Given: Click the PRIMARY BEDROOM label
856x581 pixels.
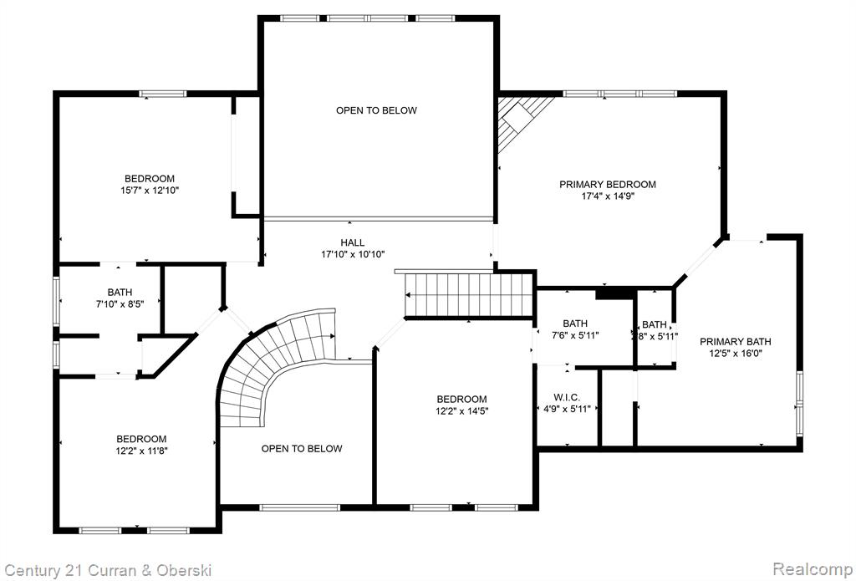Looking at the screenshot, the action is [x=608, y=185].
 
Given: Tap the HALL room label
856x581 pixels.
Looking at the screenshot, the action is [x=353, y=242].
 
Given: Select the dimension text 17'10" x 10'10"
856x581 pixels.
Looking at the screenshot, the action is [x=353, y=254].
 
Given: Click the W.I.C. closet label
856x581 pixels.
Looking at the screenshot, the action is [x=567, y=397].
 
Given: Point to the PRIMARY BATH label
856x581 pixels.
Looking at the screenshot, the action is [x=736, y=342].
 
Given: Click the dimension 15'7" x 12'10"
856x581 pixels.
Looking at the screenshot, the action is [x=150, y=191].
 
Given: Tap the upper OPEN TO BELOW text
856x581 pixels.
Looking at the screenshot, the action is [x=376, y=110].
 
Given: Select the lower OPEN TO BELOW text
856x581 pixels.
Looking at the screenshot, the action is [x=302, y=449].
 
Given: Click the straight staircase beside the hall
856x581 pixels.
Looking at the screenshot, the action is [x=468, y=294].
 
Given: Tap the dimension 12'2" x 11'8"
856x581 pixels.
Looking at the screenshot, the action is [x=141, y=451].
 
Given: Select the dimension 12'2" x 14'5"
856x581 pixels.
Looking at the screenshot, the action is [x=461, y=411].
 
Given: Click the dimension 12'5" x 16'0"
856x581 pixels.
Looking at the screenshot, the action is [x=736, y=354].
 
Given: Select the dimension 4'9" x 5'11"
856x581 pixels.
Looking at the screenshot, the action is [x=567, y=409].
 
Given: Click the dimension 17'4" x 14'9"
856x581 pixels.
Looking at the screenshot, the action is [x=608, y=196].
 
